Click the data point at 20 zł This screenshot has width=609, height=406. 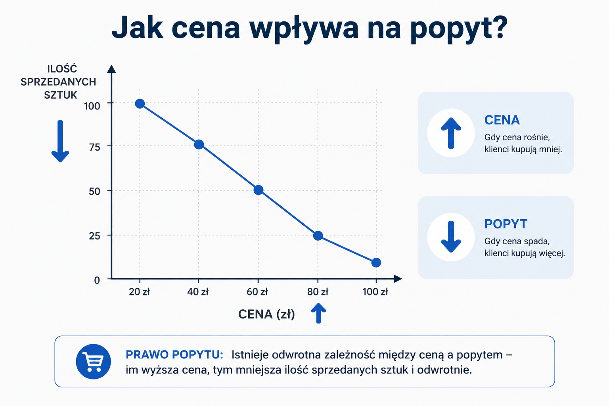click(x=140, y=103)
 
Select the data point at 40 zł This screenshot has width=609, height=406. click(x=199, y=144)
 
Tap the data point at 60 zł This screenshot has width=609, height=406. click(x=258, y=190)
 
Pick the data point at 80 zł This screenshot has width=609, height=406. click(x=318, y=236)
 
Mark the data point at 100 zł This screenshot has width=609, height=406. click(x=376, y=262)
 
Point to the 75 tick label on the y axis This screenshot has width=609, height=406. click(x=95, y=147)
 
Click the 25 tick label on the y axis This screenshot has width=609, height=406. click(x=95, y=236)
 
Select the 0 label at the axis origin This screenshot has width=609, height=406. click(x=97, y=280)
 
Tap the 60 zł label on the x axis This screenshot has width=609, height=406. click(x=257, y=292)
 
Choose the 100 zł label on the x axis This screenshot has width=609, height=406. click(x=375, y=292)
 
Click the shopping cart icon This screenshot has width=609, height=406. click(x=93, y=362)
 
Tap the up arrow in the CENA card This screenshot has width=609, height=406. click(x=451, y=133)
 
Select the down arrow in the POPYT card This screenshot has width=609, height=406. click(x=451, y=237)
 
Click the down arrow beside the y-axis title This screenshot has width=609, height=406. click(x=60, y=141)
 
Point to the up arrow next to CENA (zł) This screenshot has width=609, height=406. click(x=318, y=313)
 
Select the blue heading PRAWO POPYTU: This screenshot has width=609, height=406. click(x=174, y=354)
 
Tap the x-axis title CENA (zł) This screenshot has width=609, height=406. click(x=266, y=314)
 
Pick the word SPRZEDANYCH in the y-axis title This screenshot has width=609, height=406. click(x=58, y=82)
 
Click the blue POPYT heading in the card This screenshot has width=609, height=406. click(x=506, y=224)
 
